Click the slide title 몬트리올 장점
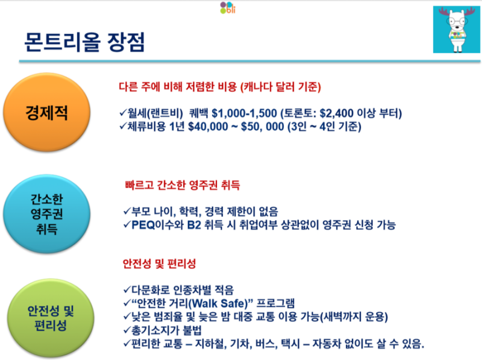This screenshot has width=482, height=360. tap(84, 42)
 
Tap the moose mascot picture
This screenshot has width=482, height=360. tap(457, 30)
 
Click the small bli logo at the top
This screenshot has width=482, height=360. tap(228, 8)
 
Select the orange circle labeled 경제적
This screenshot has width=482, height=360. tap(47, 112)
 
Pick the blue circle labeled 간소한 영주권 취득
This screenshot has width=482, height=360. tap(47, 214)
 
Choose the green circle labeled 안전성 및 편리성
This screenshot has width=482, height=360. tap(51, 318)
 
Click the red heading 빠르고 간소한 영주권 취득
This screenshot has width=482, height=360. tap(183, 185)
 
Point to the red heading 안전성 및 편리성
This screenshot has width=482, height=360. tap(159, 264)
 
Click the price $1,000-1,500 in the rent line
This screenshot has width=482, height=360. tap(245, 113)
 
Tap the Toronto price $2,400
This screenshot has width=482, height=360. tap(337, 113)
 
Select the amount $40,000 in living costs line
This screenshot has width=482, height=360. tap(208, 127)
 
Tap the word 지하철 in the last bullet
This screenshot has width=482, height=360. tap(211, 344)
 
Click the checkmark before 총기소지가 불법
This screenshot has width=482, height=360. tap(127, 330)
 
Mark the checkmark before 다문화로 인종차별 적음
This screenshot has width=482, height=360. tap(127, 289)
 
